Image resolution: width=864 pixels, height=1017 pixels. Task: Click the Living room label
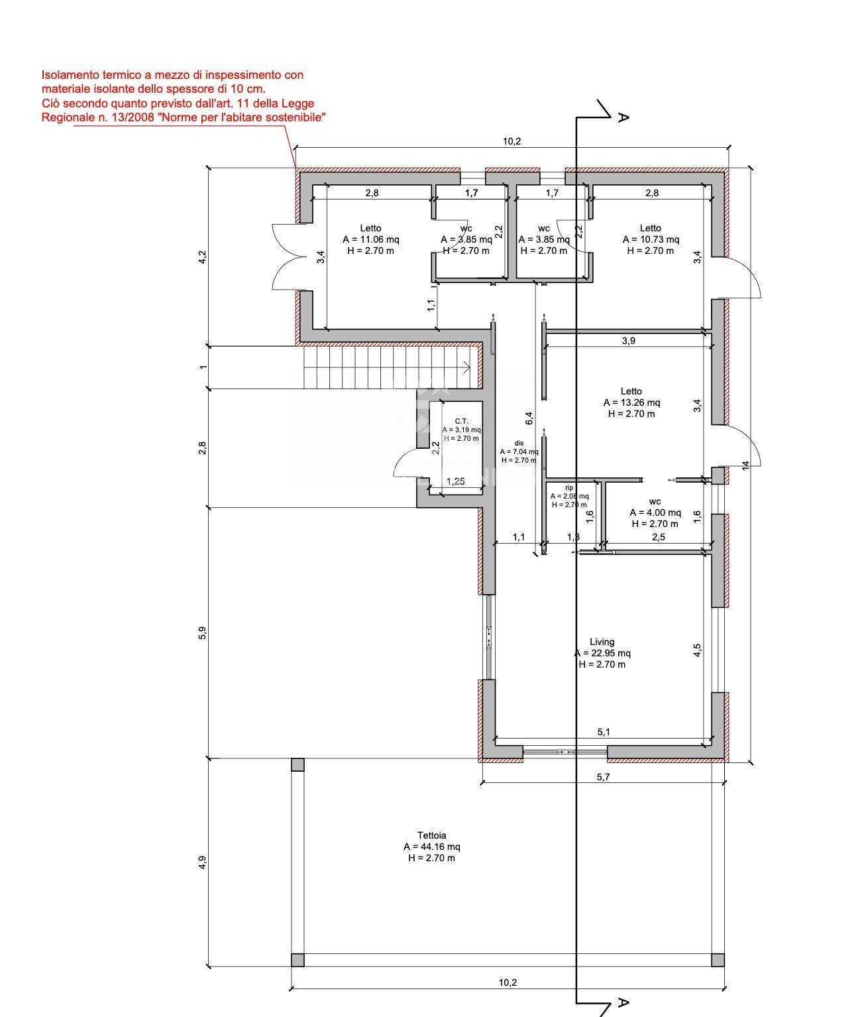coord(602,642)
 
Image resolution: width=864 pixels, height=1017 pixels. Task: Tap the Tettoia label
coord(431,835)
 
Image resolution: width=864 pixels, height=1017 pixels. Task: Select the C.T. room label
coord(461,421)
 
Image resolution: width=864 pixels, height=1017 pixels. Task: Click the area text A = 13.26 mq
coord(631,402)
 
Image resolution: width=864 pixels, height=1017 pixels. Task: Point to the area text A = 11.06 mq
coord(370,239)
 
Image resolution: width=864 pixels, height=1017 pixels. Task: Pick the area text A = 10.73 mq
coord(651,239)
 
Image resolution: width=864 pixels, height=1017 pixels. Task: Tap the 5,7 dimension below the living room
coord(603,777)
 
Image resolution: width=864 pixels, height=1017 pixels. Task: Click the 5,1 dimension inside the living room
coord(604,732)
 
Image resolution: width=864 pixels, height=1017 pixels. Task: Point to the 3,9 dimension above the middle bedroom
coord(628,341)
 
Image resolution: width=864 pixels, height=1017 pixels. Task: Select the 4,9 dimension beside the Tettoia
coord(203,862)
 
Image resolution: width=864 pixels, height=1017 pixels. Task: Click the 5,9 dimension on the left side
coord(203,633)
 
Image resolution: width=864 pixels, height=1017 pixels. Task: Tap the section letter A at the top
coord(623,117)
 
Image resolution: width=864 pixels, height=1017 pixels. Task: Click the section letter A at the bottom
coord(623,1002)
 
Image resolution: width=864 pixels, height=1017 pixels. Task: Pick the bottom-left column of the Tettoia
coord(297,960)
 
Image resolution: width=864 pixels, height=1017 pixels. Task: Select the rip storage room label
coord(568,487)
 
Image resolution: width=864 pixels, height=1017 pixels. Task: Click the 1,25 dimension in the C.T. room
coord(455,481)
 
